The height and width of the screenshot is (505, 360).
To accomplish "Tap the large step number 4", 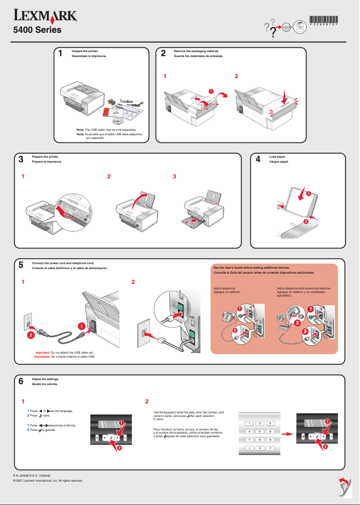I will pyautogui.click(x=258, y=160).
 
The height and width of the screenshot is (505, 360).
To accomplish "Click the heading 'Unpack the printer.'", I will pyautogui.click(x=85, y=51).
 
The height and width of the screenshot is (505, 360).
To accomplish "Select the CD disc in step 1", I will pyautogui.click(x=117, y=120).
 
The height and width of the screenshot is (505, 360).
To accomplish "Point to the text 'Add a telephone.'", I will pyautogui.click(x=225, y=288).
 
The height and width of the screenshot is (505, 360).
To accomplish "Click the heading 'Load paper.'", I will pyautogui.click(x=277, y=156).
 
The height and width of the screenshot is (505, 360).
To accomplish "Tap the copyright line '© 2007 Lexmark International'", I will pyautogui.click(x=48, y=480).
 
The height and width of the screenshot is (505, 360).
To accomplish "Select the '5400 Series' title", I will pyautogui.click(x=36, y=31).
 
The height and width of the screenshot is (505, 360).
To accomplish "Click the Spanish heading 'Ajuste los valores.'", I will pyautogui.click(x=45, y=384).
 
